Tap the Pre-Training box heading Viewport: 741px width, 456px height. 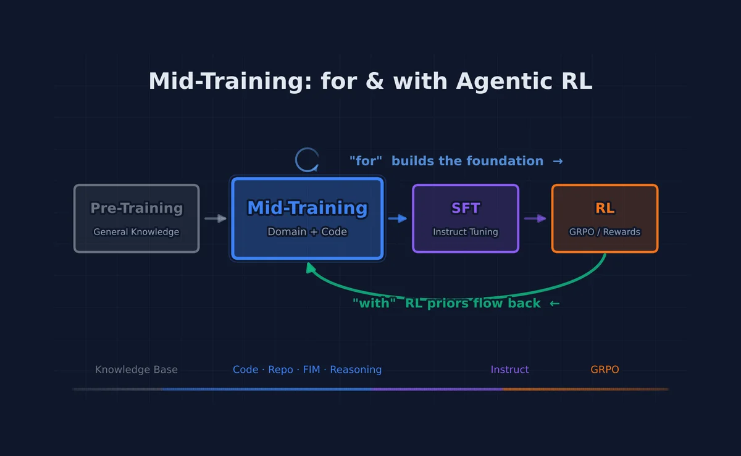tap(136, 209)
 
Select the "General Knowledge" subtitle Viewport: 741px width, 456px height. tap(136, 232)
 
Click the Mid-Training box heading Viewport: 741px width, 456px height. tap(308, 208)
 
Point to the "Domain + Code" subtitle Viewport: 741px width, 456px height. tap(308, 232)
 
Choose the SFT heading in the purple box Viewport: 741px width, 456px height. tap(466, 209)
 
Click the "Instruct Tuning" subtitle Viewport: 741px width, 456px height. tap(466, 232)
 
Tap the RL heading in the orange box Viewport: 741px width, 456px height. tap(605, 209)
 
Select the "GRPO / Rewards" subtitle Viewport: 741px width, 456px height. tap(605, 232)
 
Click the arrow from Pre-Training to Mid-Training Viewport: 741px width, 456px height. tap(216, 218)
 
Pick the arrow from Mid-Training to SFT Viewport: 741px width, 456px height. tap(398, 218)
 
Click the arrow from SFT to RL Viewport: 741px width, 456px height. tap(535, 218)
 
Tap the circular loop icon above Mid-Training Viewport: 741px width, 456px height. tap(307, 160)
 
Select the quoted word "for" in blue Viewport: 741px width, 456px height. tap(366, 161)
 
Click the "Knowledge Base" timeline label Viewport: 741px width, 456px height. tap(136, 370)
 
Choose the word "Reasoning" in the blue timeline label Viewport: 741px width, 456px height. tap(356, 370)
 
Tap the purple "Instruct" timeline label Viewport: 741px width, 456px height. tap(509, 370)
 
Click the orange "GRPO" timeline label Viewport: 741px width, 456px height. tap(605, 370)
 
